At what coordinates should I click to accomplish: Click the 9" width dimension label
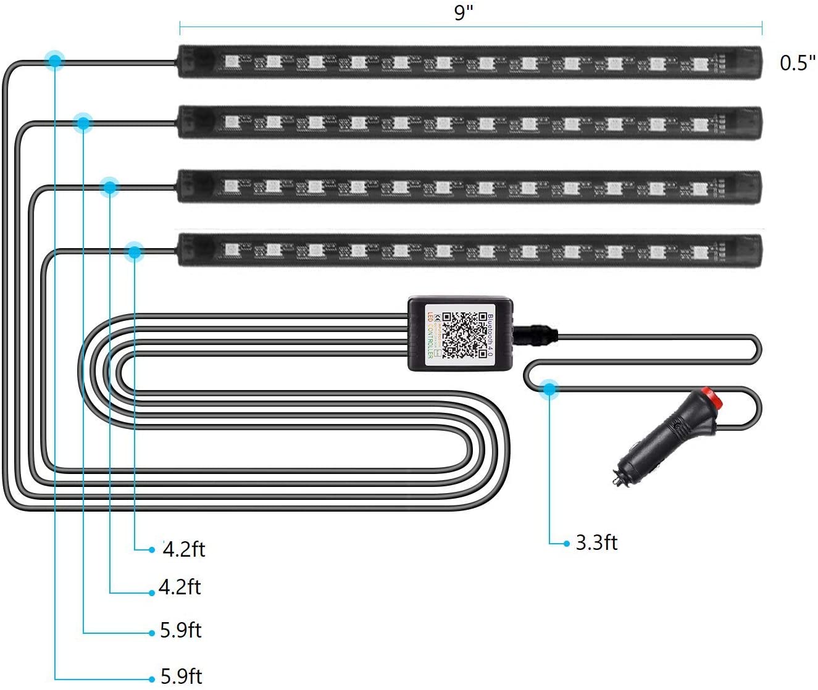click(463, 12)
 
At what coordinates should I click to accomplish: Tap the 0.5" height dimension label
click(797, 62)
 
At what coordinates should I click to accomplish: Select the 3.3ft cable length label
click(596, 542)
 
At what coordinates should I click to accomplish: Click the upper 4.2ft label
click(184, 549)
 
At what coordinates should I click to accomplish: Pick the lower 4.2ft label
click(180, 586)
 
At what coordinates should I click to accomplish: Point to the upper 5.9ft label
click(181, 630)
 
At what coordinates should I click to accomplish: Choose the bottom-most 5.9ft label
click(182, 676)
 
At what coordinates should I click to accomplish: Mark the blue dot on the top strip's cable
click(55, 60)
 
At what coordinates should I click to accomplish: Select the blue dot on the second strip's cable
click(83, 123)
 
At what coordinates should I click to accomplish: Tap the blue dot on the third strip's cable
click(110, 186)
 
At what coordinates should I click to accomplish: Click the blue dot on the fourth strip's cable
click(134, 251)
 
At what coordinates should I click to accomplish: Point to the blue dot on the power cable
click(548, 389)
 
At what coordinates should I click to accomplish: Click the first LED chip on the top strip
click(232, 62)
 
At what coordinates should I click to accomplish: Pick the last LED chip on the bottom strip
click(699, 251)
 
